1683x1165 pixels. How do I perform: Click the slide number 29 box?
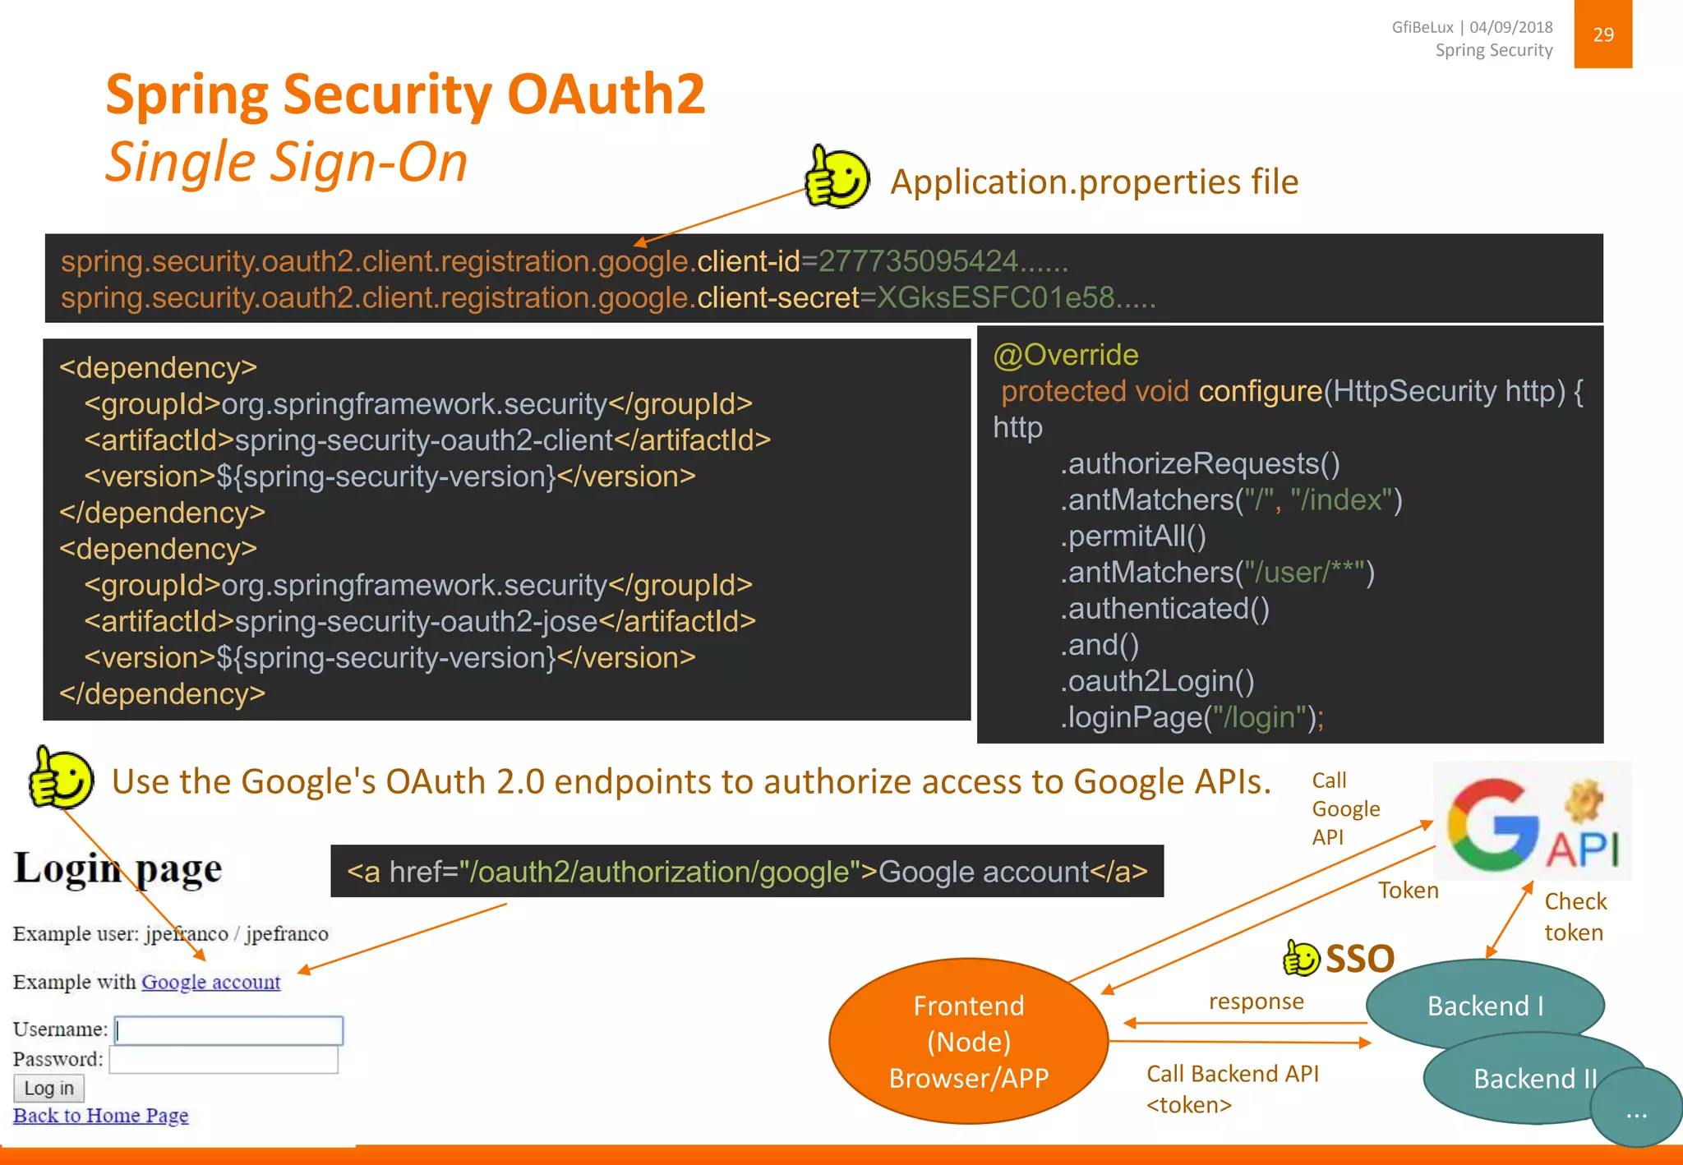coord(1602,35)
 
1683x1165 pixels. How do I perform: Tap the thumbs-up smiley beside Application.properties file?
coord(837,177)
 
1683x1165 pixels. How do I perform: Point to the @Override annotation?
coord(1065,355)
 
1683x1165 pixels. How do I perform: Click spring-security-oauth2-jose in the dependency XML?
coord(416,622)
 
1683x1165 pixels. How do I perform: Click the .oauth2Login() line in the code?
coord(1157,681)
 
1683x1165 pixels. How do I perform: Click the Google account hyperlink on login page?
coord(210,982)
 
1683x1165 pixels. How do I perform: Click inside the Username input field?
coord(228,1030)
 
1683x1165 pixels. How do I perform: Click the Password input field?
coord(224,1060)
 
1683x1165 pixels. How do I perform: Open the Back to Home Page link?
coord(100,1116)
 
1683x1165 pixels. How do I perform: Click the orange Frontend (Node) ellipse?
coord(968,1041)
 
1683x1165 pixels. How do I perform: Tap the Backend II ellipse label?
coord(1533,1079)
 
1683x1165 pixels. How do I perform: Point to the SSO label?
coord(1359,959)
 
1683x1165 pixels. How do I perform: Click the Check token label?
coord(1575,917)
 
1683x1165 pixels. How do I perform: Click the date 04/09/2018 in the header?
coord(1510,27)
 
